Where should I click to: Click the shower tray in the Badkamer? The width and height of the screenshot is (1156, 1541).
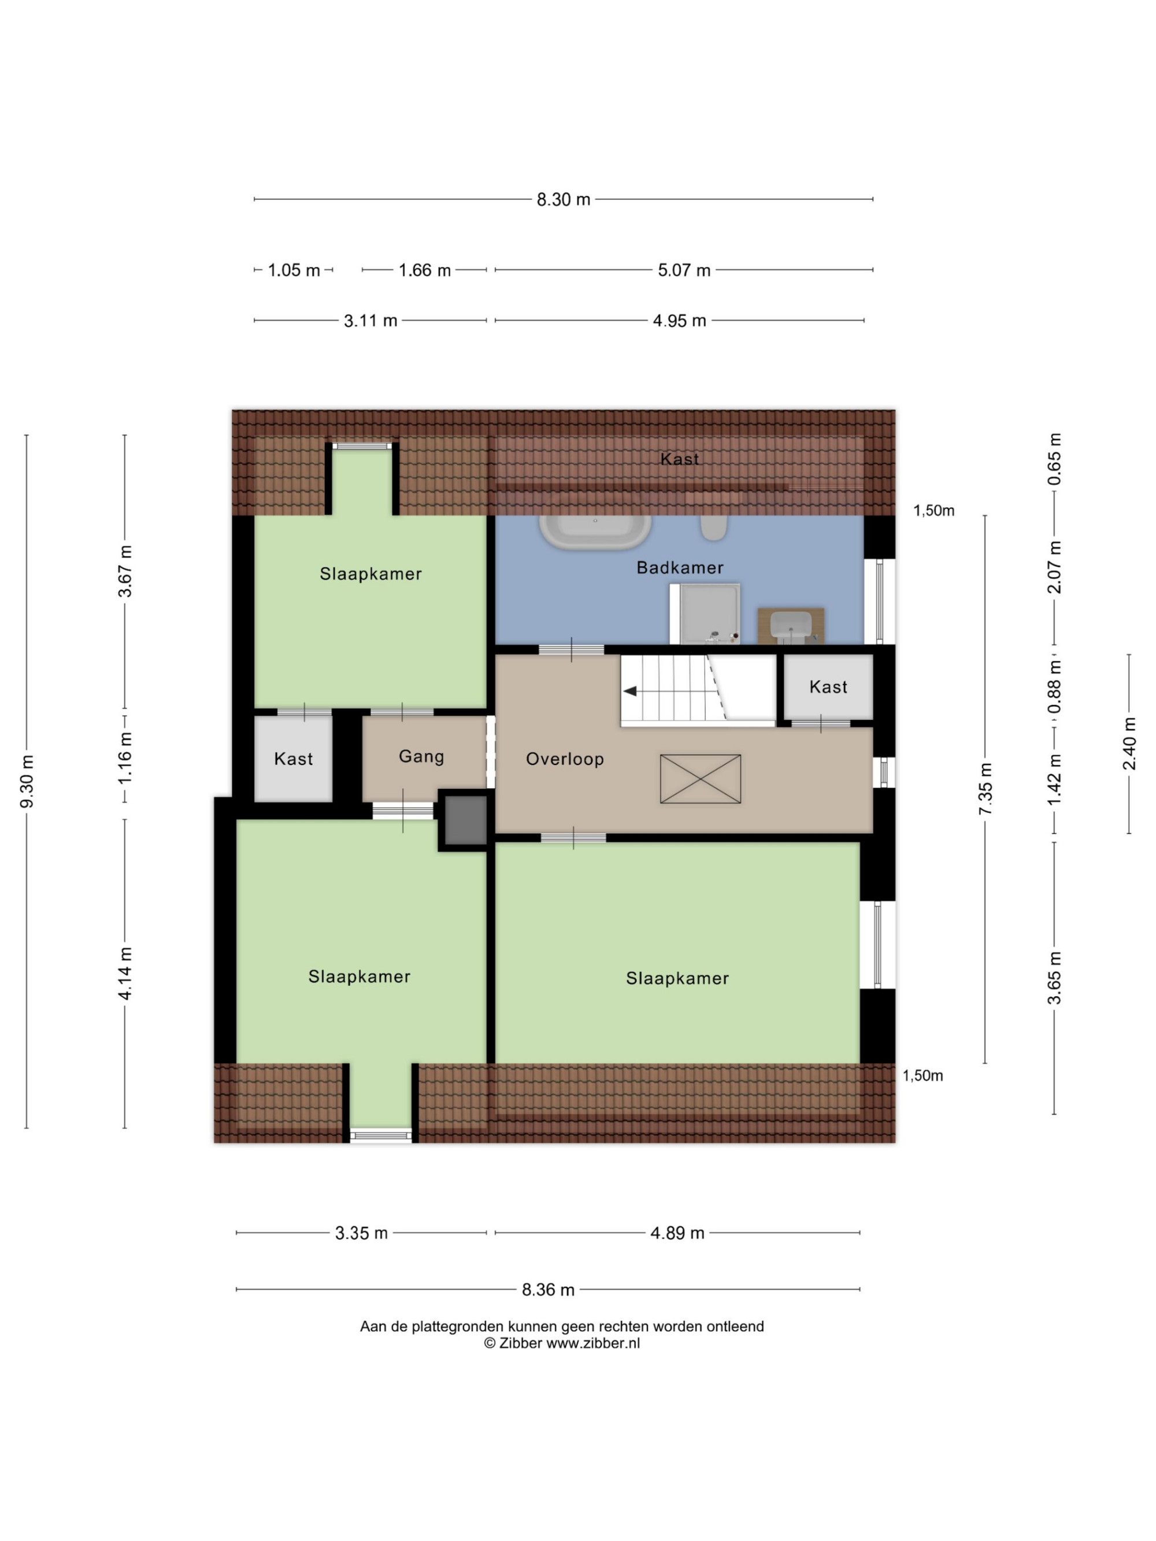(x=705, y=614)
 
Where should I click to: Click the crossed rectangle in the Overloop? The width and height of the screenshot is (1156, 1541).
(x=701, y=779)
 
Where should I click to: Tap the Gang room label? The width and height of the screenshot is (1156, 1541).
(x=421, y=756)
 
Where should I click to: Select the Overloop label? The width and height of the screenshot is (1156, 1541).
(x=564, y=759)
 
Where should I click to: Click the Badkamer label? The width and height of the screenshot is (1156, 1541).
(x=680, y=568)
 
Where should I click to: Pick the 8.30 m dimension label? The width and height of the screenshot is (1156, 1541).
(x=563, y=200)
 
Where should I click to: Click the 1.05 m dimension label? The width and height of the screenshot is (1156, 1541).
(x=294, y=270)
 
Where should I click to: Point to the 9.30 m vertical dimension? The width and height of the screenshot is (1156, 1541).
(x=27, y=782)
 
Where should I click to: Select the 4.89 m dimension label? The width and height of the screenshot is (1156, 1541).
(x=677, y=1233)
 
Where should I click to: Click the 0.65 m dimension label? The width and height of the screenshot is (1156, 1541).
(x=1054, y=459)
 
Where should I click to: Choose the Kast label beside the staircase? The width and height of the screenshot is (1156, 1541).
(x=828, y=688)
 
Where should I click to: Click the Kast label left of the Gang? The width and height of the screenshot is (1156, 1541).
(x=294, y=759)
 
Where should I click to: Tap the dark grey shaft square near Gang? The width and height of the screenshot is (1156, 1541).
(x=465, y=820)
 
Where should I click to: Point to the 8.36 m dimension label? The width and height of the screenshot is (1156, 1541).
(x=549, y=1290)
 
